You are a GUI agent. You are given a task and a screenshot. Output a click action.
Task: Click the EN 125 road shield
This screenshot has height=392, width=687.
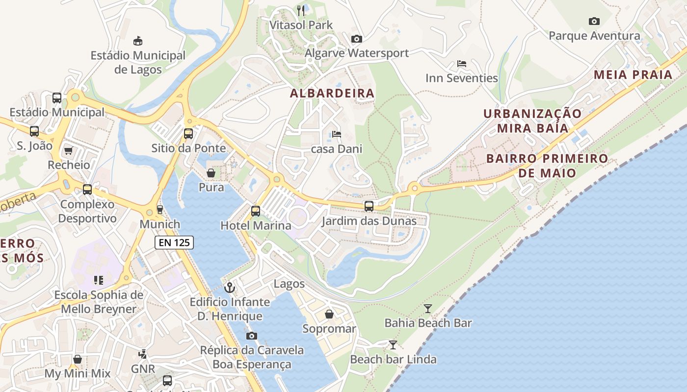(x=174, y=242)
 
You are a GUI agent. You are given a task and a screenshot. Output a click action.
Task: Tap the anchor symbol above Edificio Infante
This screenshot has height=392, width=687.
(x=230, y=287)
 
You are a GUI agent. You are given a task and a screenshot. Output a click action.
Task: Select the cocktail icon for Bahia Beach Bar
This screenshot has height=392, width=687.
(x=428, y=309)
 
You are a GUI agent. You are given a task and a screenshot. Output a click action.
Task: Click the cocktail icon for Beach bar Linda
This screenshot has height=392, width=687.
(x=393, y=345)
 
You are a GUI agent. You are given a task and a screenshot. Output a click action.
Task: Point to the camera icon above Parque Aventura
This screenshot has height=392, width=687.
(x=594, y=21)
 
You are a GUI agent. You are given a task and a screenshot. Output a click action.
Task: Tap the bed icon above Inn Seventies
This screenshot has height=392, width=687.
(x=461, y=64)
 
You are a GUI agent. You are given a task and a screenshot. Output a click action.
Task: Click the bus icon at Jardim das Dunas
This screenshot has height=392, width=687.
(x=369, y=206)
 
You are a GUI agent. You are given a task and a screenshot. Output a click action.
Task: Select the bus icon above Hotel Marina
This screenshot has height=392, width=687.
(x=256, y=211)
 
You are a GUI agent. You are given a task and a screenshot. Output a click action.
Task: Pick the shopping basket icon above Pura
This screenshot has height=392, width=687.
(x=211, y=173)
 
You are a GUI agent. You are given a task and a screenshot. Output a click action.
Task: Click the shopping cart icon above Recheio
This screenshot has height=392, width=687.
(x=68, y=150)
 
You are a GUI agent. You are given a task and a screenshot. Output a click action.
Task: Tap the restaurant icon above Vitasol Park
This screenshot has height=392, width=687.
(x=301, y=10)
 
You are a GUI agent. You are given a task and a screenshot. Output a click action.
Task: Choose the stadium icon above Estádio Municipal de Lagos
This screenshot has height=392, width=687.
(x=138, y=41)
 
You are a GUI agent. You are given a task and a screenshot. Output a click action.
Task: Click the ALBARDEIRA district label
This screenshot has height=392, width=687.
(x=332, y=93)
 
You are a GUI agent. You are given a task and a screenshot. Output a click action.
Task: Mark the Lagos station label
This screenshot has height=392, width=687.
(x=289, y=284)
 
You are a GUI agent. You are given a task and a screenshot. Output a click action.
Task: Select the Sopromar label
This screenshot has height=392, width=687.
(x=329, y=329)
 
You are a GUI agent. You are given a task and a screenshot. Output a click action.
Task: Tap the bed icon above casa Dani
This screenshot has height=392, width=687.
(x=336, y=134)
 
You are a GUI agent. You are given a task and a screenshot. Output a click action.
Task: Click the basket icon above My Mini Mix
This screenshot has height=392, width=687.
(x=77, y=359)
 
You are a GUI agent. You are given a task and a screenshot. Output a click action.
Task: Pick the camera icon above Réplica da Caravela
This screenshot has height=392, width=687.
(x=252, y=336)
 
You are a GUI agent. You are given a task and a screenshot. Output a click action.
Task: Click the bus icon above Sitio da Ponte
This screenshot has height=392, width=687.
(x=188, y=133)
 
